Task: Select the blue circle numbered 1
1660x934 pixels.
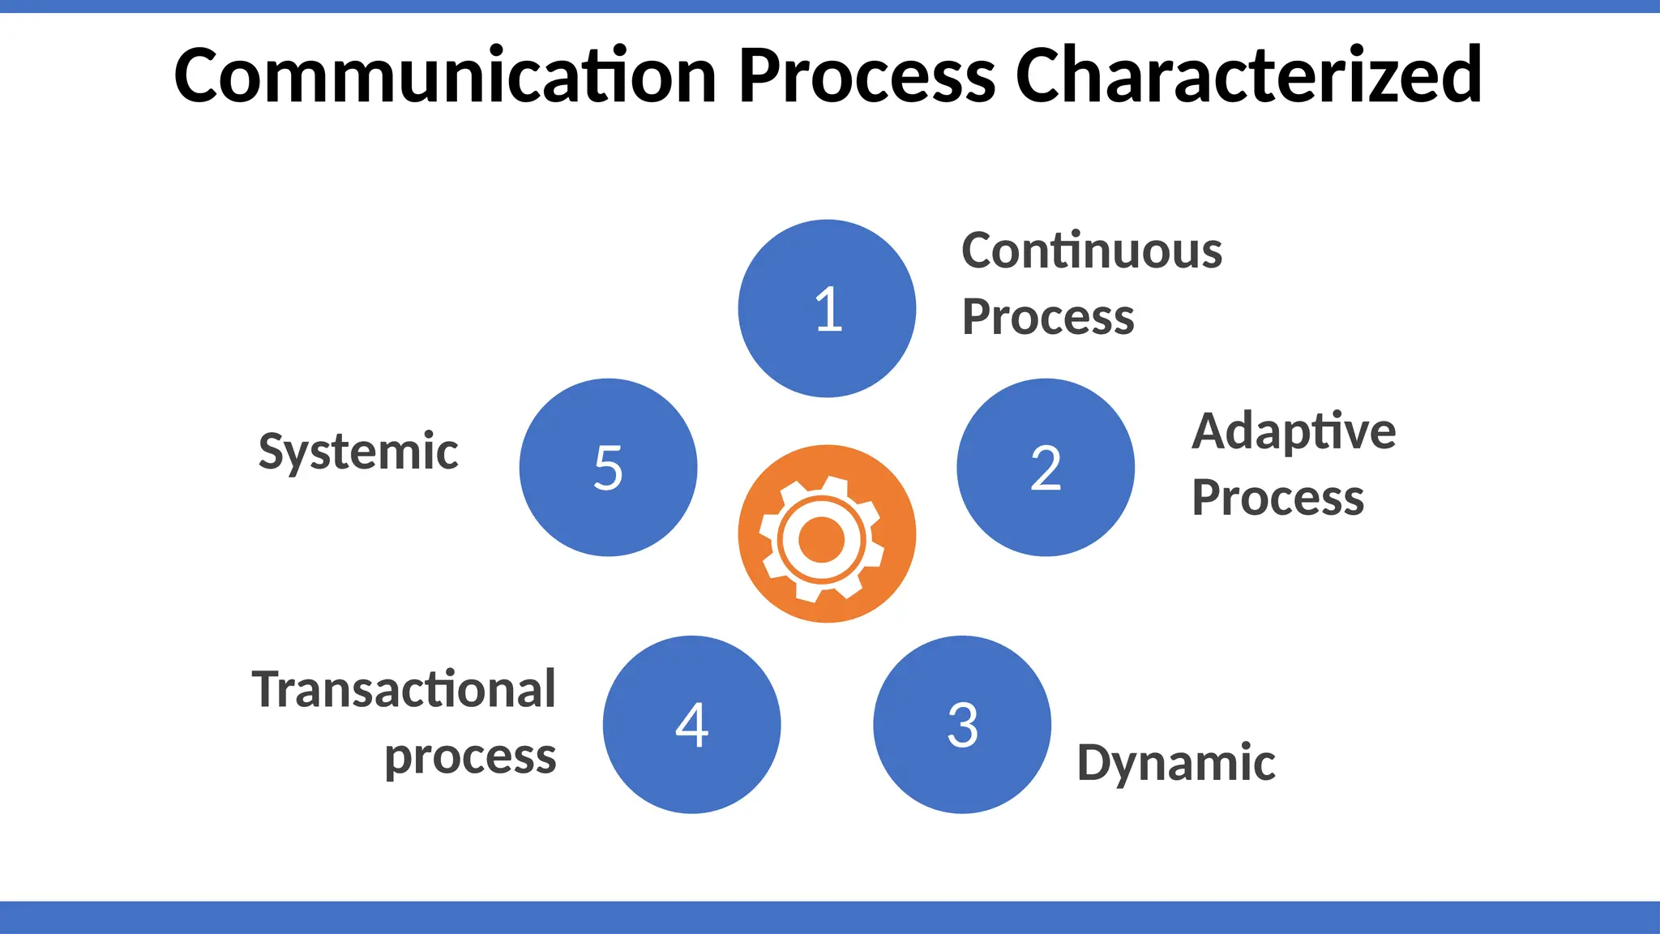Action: (x=827, y=309)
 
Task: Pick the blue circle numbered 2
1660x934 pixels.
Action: (x=1046, y=468)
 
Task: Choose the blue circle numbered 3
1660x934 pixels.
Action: (x=962, y=725)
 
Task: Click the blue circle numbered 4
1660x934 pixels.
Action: (x=691, y=725)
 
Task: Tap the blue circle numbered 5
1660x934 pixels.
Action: (x=608, y=468)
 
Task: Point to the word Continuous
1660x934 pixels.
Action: (x=1091, y=251)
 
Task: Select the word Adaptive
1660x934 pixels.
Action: (x=1294, y=431)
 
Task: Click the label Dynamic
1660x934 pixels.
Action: (x=1176, y=764)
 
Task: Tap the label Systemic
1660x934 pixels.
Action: (x=358, y=452)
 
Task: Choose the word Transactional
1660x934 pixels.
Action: (x=404, y=690)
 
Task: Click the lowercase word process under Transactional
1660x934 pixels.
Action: (x=470, y=758)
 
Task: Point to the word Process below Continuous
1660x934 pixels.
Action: (x=1048, y=317)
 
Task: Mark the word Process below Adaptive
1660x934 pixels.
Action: (x=1277, y=498)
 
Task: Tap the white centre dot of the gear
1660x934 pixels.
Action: (x=822, y=538)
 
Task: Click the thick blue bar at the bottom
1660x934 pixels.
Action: (x=830, y=917)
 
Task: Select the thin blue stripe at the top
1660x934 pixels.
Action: (x=830, y=6)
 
